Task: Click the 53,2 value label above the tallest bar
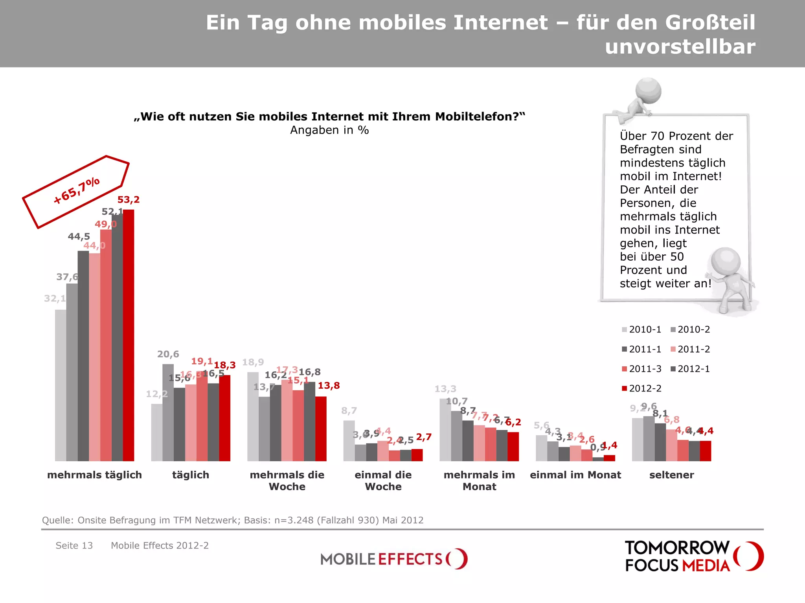129,200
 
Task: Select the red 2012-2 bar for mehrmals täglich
129,336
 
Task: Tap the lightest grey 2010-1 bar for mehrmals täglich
61,385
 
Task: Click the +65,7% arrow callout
76,192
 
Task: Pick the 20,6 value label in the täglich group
168,354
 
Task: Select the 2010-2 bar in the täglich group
168,412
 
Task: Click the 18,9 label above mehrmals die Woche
253,362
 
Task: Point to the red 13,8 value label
329,386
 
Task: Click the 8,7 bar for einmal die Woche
349,440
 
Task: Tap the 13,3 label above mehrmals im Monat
445,389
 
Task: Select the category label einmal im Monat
575,475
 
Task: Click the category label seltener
671,475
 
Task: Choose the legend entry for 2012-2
641,388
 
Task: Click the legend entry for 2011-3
641,369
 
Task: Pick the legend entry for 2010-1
641,329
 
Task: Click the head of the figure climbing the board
649,90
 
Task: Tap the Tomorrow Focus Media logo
694,556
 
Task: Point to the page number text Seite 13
74,545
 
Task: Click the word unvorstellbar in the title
680,47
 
